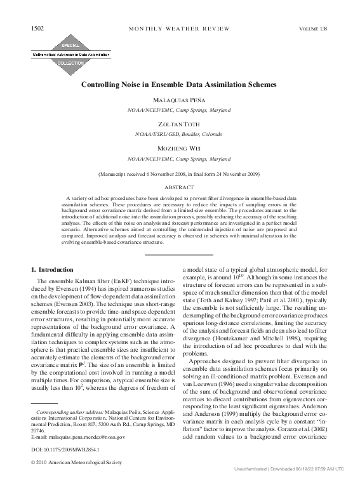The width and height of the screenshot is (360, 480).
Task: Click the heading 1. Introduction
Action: coord(57,270)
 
